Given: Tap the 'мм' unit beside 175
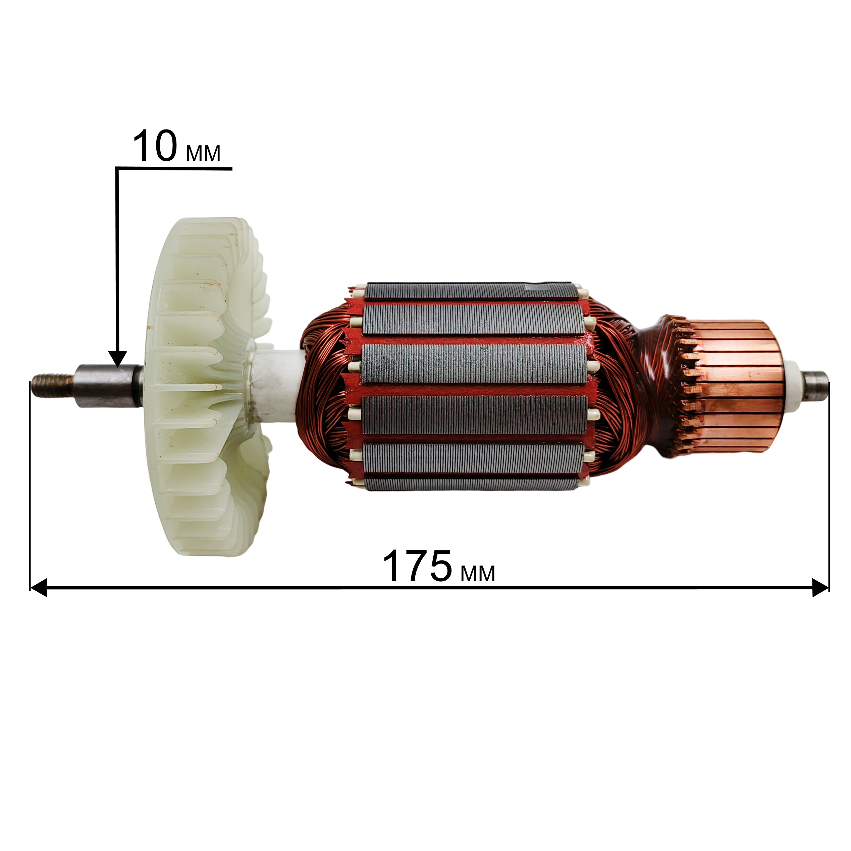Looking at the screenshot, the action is click(x=478, y=574).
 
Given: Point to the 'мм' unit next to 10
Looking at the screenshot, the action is click(x=203, y=153).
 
